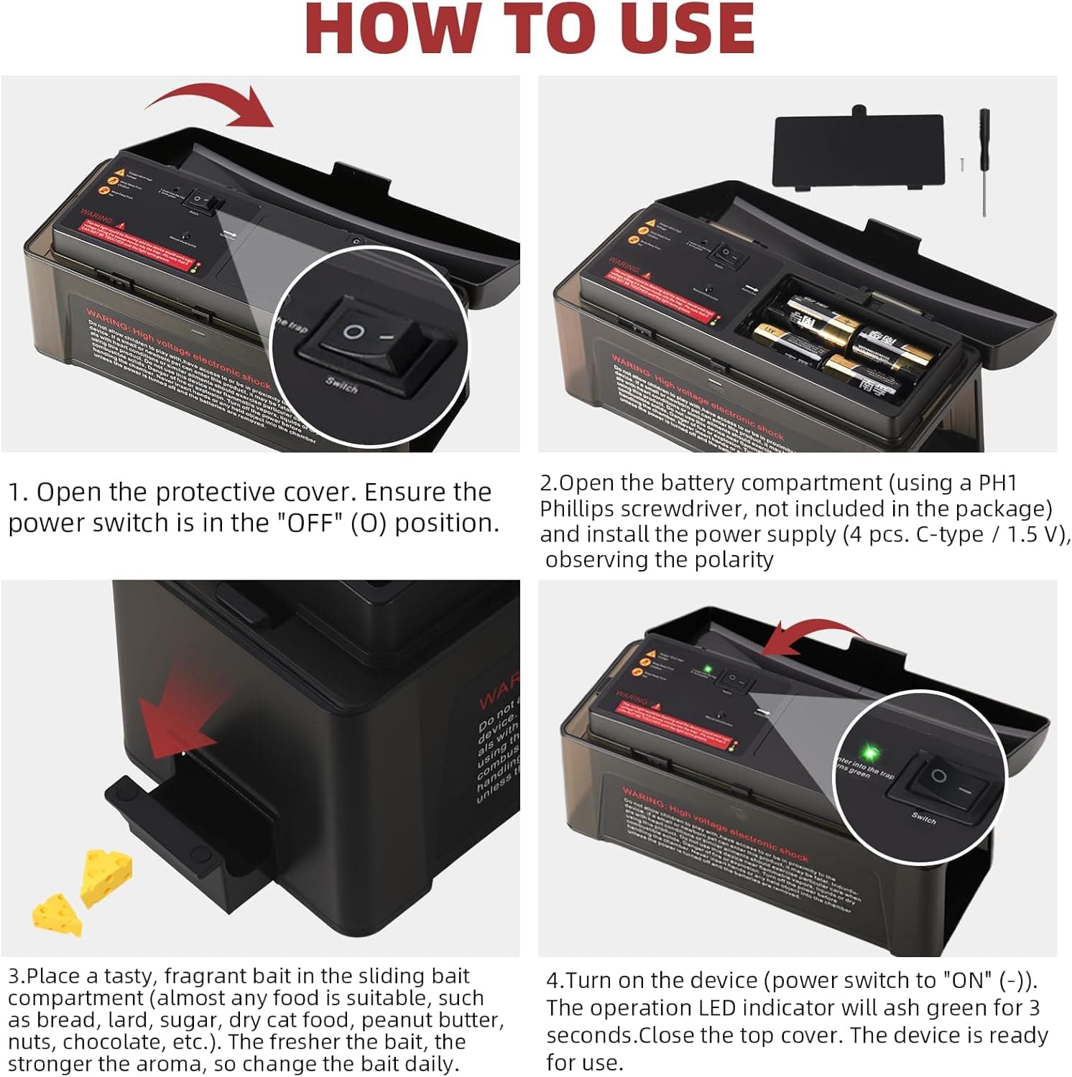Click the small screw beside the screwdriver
click(x=961, y=164)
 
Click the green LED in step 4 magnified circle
click(x=870, y=753)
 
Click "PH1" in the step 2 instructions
click(x=998, y=482)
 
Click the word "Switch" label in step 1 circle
click(x=341, y=386)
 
